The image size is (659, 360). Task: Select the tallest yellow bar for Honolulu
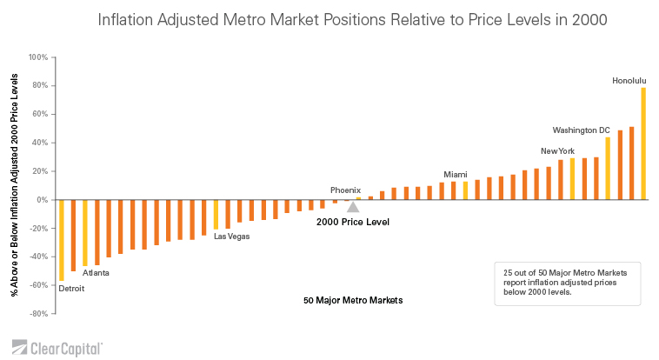tap(643, 143)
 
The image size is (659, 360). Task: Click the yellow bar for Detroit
tap(62, 240)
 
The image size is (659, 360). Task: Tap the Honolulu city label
tap(629, 81)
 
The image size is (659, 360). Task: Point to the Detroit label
tap(71, 289)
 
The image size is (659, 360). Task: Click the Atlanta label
tap(96, 273)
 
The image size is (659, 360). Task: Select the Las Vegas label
tap(232, 237)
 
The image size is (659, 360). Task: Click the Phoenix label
tap(345, 190)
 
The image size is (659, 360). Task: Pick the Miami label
tap(456, 174)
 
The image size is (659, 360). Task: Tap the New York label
tap(557, 151)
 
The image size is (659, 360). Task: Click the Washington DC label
tap(581, 130)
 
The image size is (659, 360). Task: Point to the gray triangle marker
tap(352, 207)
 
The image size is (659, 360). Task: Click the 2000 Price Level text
tap(352, 223)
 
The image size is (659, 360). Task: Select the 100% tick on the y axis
tap(38, 57)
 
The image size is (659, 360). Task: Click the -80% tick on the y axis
tap(38, 314)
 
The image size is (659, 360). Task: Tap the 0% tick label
tap(42, 200)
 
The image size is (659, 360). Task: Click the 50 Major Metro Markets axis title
tap(353, 301)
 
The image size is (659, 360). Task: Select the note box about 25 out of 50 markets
tap(566, 283)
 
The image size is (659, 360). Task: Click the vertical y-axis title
tap(15, 185)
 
